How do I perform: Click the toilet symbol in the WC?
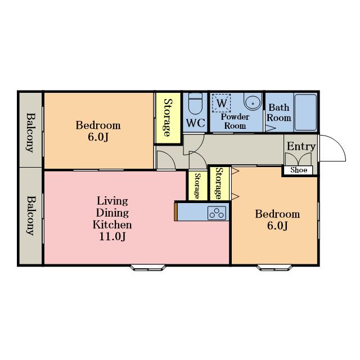195,103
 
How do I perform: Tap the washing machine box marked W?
221,103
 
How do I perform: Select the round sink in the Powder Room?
253,101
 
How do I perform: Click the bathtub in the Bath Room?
305,112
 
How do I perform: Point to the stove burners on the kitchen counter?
217,213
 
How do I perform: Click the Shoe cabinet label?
299,170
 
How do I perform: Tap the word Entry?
301,146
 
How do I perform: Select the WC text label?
195,123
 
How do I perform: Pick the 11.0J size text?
112,236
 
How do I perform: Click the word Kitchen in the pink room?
112,224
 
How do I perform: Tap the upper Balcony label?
30,133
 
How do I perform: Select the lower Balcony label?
30,215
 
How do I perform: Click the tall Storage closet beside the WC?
168,118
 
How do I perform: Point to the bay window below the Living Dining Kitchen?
148,268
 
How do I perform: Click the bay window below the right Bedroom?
274,268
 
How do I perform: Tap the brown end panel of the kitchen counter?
176,211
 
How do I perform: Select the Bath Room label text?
279,112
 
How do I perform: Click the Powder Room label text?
235,121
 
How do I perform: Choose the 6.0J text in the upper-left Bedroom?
98,137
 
